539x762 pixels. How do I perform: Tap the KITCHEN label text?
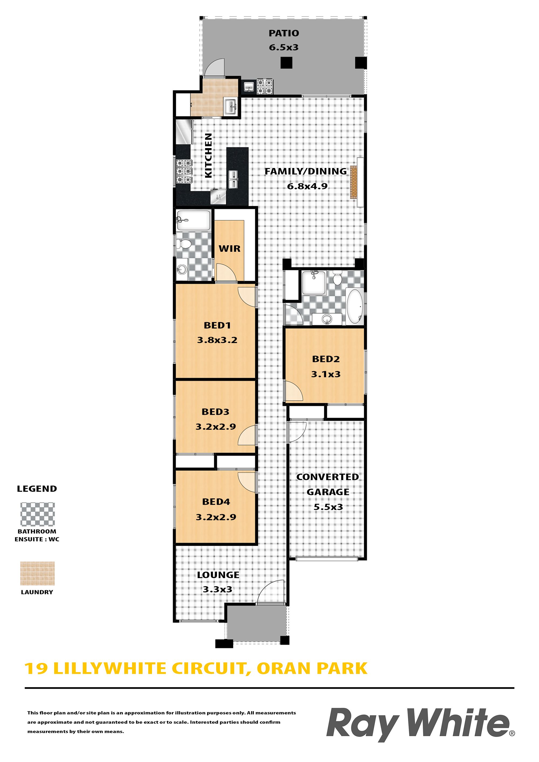click(x=208, y=155)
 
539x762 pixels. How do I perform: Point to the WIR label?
click(x=230, y=248)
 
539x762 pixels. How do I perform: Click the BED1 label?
click(x=217, y=325)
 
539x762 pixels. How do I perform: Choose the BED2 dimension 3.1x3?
click(x=326, y=374)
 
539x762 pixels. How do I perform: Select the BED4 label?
click(x=216, y=502)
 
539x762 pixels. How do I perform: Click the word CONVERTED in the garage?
click(x=327, y=477)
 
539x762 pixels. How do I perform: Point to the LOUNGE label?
click(x=218, y=575)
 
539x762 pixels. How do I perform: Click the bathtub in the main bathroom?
click(x=355, y=307)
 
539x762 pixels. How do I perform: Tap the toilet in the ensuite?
click(x=183, y=244)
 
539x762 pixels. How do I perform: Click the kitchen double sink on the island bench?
click(x=233, y=179)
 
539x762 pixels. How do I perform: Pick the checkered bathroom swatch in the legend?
click(x=37, y=514)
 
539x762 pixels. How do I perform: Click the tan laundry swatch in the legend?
click(x=37, y=574)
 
